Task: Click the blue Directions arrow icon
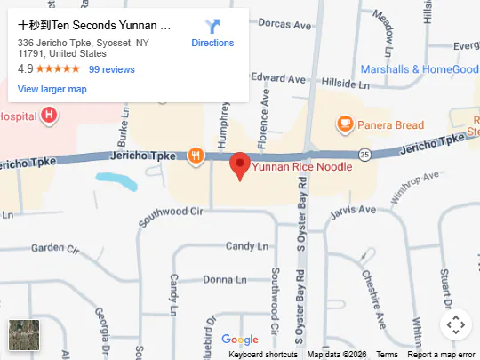click(x=212, y=27)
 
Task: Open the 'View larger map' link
click(x=52, y=89)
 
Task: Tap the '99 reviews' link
click(x=112, y=69)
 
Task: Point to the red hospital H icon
click(x=49, y=115)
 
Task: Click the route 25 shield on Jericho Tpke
click(x=364, y=155)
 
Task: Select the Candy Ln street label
click(x=246, y=245)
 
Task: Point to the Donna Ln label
click(x=219, y=279)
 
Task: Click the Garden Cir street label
click(x=55, y=248)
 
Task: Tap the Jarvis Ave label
click(x=353, y=211)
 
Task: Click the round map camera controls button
click(x=455, y=324)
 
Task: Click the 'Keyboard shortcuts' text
click(x=263, y=355)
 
